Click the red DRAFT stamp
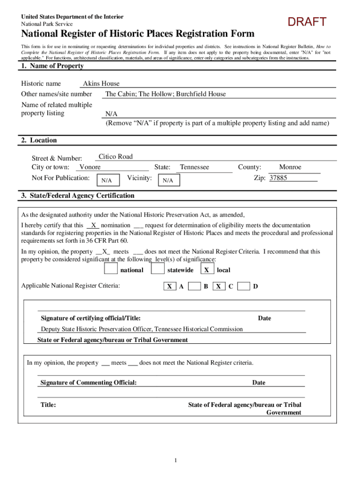(x=307, y=22)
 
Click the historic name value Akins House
(x=101, y=84)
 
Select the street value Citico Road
(x=115, y=157)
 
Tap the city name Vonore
(x=90, y=167)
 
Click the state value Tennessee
(x=194, y=167)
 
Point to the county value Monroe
(x=290, y=167)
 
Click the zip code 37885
(x=278, y=178)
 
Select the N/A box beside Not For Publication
(x=107, y=180)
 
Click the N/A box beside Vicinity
(x=168, y=180)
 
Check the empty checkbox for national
(x=111, y=269)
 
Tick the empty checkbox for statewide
(x=158, y=269)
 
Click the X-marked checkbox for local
(x=206, y=270)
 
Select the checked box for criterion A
(x=170, y=286)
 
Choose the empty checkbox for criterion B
(x=194, y=286)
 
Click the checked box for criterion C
(x=218, y=286)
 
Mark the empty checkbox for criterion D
(x=243, y=286)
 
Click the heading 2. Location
(x=39, y=140)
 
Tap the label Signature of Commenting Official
(x=88, y=383)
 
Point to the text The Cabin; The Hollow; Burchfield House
(x=166, y=94)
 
